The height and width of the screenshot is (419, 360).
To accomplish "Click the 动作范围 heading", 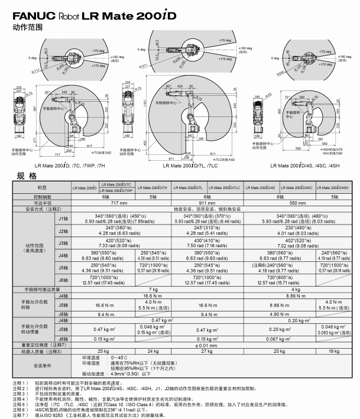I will tap(24, 27).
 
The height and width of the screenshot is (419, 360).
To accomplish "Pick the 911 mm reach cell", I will tap(208, 203).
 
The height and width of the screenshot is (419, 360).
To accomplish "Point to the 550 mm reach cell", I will tap(296, 203).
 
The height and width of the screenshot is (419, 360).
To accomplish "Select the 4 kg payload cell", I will tap(296, 289).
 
